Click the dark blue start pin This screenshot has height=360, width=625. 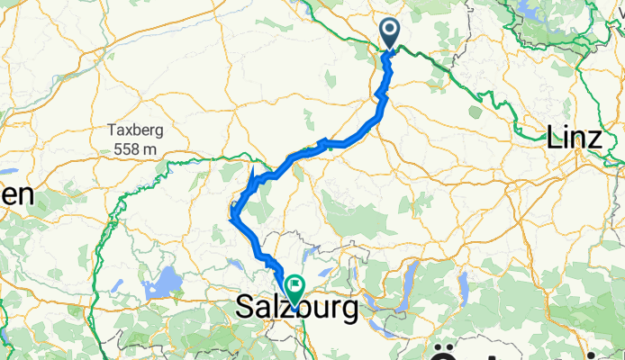point(390,34)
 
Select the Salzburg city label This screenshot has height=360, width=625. point(296,308)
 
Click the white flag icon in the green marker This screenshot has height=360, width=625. point(294,285)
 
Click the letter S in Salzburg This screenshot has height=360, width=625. point(245,308)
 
